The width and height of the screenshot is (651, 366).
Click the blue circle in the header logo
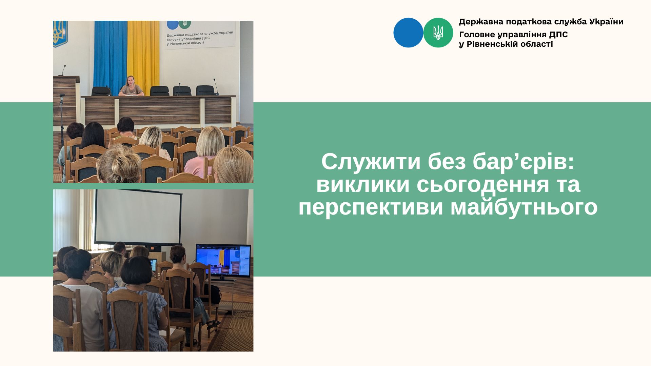tap(408, 33)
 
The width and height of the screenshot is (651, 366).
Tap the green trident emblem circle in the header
tap(438, 33)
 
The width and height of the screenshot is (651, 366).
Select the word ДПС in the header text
tap(559, 35)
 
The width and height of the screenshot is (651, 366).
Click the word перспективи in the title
tap(371, 207)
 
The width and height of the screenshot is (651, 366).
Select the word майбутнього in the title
tap(524, 207)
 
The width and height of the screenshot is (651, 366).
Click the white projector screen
tap(138, 217)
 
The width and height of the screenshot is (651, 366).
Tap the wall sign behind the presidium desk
tap(200, 34)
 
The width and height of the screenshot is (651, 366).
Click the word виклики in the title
tap(362, 185)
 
